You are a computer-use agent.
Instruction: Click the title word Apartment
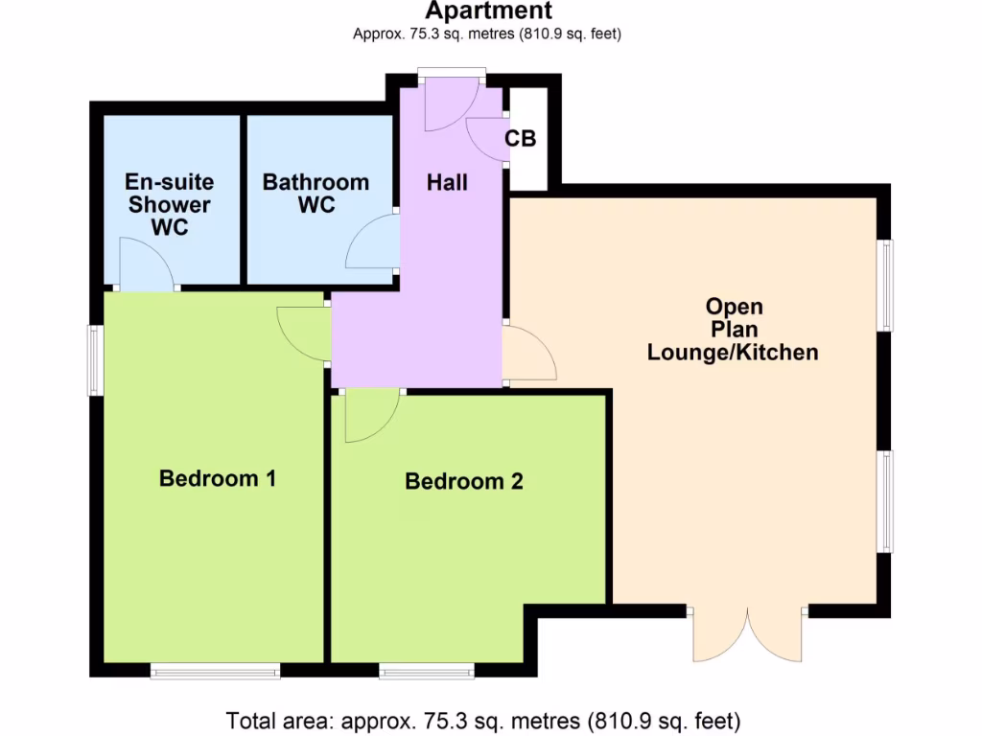pos(489,11)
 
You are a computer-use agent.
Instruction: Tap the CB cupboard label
pos(521,139)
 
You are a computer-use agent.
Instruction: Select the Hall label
pos(447,182)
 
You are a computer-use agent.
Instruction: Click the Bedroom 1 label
pos(218,478)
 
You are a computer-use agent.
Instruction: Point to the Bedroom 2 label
pos(464,481)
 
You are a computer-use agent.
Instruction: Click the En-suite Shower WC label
pos(170,204)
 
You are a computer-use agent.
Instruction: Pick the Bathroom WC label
pos(316,193)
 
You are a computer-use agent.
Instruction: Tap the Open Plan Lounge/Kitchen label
pos(734,330)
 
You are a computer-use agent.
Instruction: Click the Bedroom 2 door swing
pos(370,418)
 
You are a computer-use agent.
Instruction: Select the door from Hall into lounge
pos(527,355)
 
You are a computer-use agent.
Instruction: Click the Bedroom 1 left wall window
pos(95,359)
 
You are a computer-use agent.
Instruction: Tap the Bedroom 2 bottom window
pos(426,671)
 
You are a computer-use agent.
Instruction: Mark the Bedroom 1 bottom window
pos(215,671)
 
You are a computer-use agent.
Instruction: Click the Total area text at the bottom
pos(483,720)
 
